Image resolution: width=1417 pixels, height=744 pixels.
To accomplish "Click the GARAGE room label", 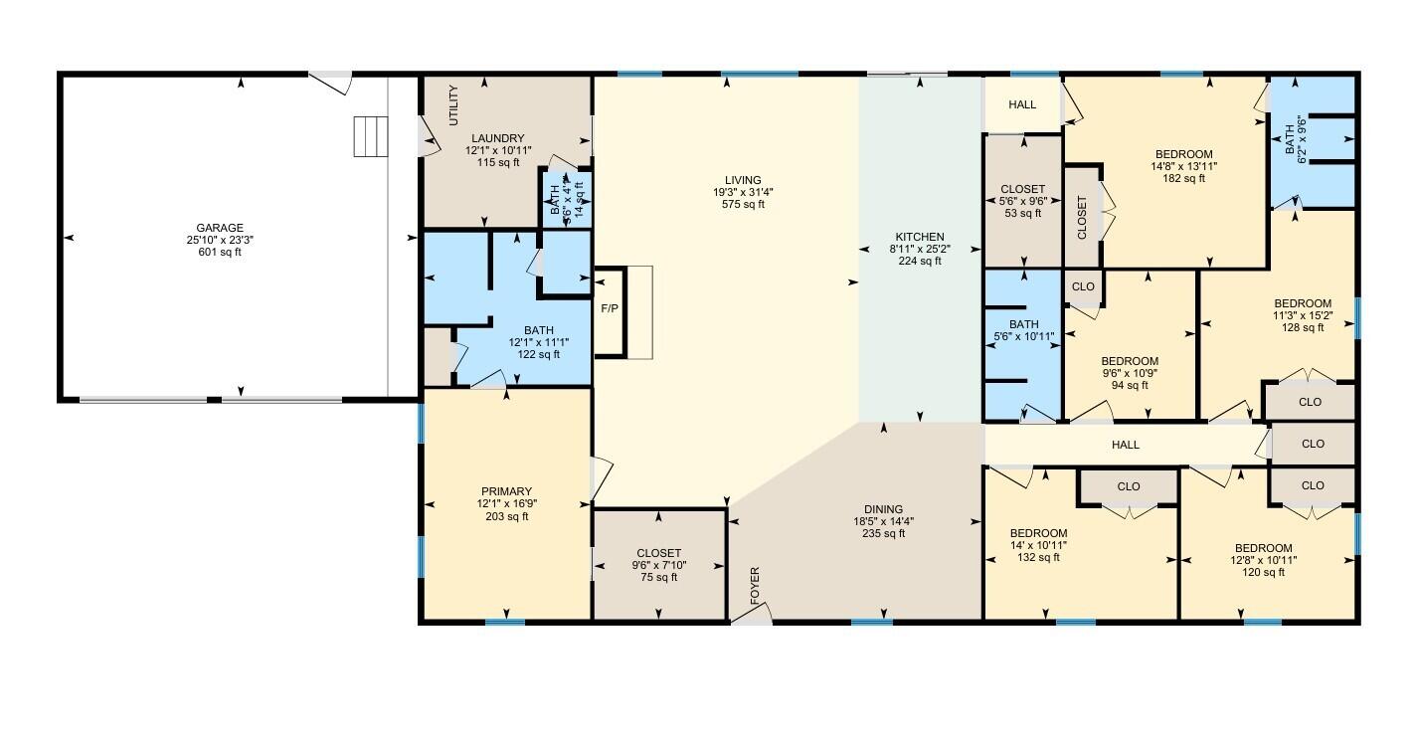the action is pos(220,228).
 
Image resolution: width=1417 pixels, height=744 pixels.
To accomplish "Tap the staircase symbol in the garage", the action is pos(371,136).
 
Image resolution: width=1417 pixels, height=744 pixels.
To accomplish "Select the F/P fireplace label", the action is pos(610,308).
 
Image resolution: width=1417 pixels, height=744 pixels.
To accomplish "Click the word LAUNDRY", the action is pos(498,138).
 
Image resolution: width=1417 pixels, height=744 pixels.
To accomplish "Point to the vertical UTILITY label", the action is pos(452,105).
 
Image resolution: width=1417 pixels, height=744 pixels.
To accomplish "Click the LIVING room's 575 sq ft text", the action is pos(743,204).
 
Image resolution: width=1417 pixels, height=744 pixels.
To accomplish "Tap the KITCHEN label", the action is pos(920,237).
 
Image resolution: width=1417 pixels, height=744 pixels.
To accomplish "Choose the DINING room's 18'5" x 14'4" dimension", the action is pos(883,521).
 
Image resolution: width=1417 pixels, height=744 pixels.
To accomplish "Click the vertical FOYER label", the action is pos(755,586).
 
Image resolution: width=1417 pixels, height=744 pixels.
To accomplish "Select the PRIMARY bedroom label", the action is pos(507,491).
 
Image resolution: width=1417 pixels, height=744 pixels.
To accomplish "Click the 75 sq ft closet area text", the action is pos(658,577).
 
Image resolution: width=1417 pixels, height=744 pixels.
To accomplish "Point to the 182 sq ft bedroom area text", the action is pos(1183,178).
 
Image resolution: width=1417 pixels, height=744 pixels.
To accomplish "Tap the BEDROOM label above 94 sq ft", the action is pos(1130,361).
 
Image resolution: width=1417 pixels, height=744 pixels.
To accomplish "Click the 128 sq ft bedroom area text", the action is pos(1303,327).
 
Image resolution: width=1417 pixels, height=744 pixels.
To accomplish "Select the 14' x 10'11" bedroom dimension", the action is pos(1039,545).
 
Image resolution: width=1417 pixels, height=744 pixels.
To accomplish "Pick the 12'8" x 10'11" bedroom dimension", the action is pos(1263,560).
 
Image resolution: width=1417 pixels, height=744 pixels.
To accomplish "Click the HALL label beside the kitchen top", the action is pos(1022,104).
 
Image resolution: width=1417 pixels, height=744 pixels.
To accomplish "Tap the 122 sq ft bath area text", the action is pos(538,354).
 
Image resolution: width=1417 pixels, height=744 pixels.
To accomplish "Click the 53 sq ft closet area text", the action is pos(1023,213).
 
